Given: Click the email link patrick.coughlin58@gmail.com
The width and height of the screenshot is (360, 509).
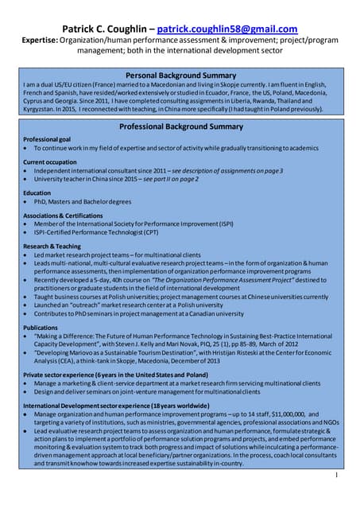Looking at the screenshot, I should (x=227, y=29).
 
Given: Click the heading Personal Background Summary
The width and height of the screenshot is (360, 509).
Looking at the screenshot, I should (x=180, y=76).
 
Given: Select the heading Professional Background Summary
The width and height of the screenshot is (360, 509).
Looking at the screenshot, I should (x=180, y=126).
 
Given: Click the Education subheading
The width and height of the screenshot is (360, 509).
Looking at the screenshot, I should (x=37, y=192).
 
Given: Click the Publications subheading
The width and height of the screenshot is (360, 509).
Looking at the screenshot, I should (x=41, y=327).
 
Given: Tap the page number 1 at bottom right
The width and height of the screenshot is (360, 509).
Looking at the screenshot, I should (x=336, y=475).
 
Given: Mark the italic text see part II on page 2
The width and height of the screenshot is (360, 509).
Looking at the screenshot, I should (x=173, y=179).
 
